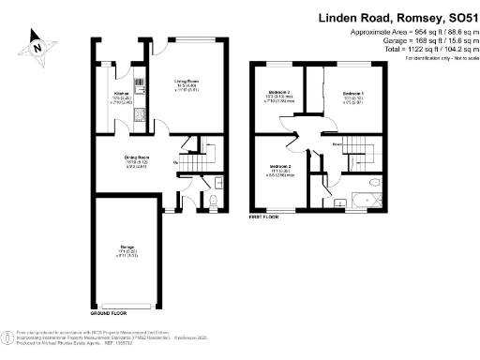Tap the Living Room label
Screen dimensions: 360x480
click(186, 83)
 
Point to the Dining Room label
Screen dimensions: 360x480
click(139, 159)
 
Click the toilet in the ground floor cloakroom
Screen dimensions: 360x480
click(215, 201)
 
